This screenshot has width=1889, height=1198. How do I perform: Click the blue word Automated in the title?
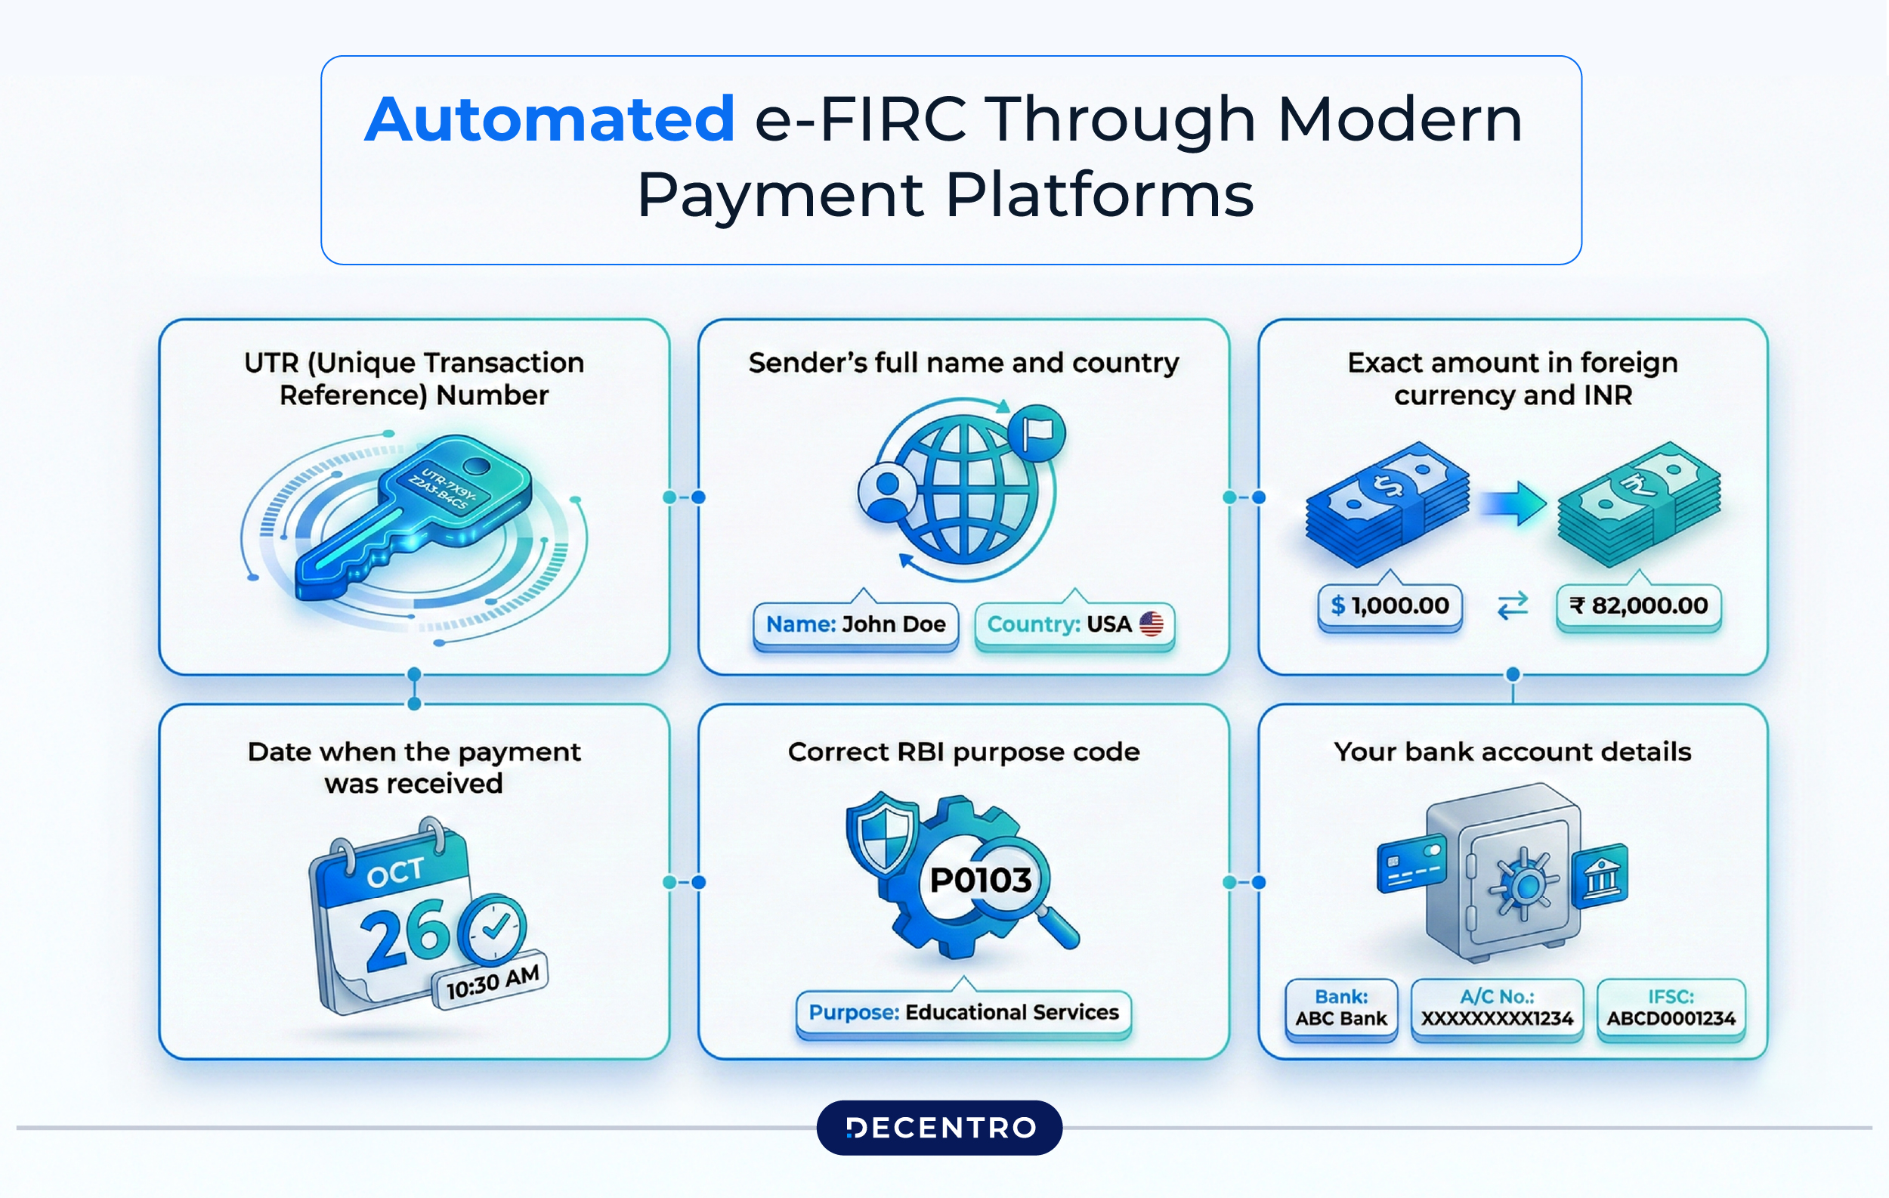tap(549, 119)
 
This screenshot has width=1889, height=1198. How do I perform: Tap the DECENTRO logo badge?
tap(939, 1128)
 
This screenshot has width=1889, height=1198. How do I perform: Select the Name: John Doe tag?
tap(856, 624)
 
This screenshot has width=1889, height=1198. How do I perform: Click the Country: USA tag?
tap(1074, 624)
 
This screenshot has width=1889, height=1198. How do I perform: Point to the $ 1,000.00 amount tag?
tap(1390, 605)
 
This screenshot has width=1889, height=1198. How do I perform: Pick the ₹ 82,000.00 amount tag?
tap(1638, 605)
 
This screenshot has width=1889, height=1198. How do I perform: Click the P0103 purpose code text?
tap(981, 881)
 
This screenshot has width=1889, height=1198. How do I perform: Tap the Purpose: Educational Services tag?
tap(963, 1012)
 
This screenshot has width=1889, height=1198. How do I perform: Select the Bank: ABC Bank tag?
tap(1340, 1008)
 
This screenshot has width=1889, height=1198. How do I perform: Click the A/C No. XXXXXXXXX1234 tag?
tap(1497, 1008)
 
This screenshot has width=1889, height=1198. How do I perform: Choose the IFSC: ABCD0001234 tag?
tap(1671, 1008)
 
